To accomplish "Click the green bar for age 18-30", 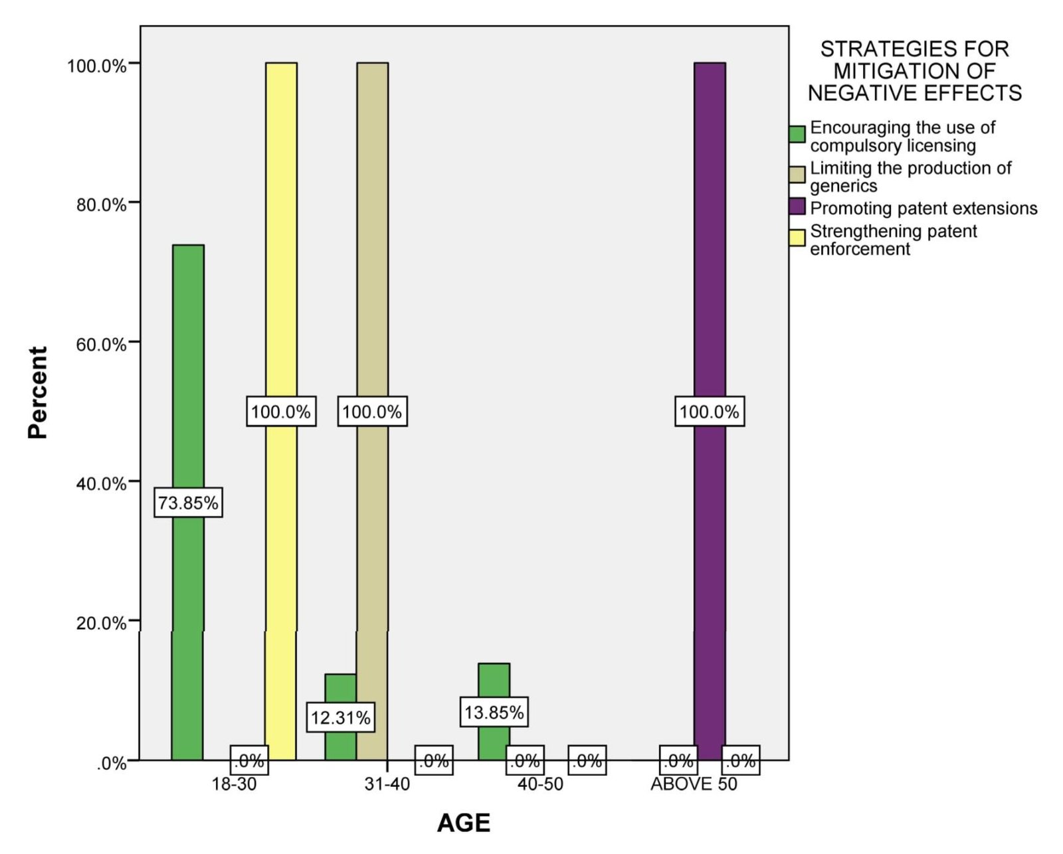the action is click(188, 502).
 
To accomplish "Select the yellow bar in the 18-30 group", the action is click(281, 411).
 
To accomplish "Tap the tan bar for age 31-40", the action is click(373, 411).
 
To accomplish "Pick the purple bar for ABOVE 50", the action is click(710, 411).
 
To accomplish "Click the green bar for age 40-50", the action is click(494, 712).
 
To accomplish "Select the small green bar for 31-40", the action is click(341, 717).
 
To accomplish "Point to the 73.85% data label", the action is click(188, 502).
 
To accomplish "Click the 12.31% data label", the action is click(341, 717).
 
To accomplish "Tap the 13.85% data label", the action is click(494, 712).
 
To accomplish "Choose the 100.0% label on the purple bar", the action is click(710, 411).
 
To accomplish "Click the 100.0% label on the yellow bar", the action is click(281, 411).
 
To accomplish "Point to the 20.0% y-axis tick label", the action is click(101, 624).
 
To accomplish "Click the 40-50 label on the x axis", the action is click(540, 784).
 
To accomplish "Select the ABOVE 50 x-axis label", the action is click(694, 784).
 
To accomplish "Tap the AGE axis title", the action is click(464, 823).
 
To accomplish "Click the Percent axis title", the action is click(38, 392).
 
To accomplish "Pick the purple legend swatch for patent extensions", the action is click(797, 207).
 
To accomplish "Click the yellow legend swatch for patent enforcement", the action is click(797, 238).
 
